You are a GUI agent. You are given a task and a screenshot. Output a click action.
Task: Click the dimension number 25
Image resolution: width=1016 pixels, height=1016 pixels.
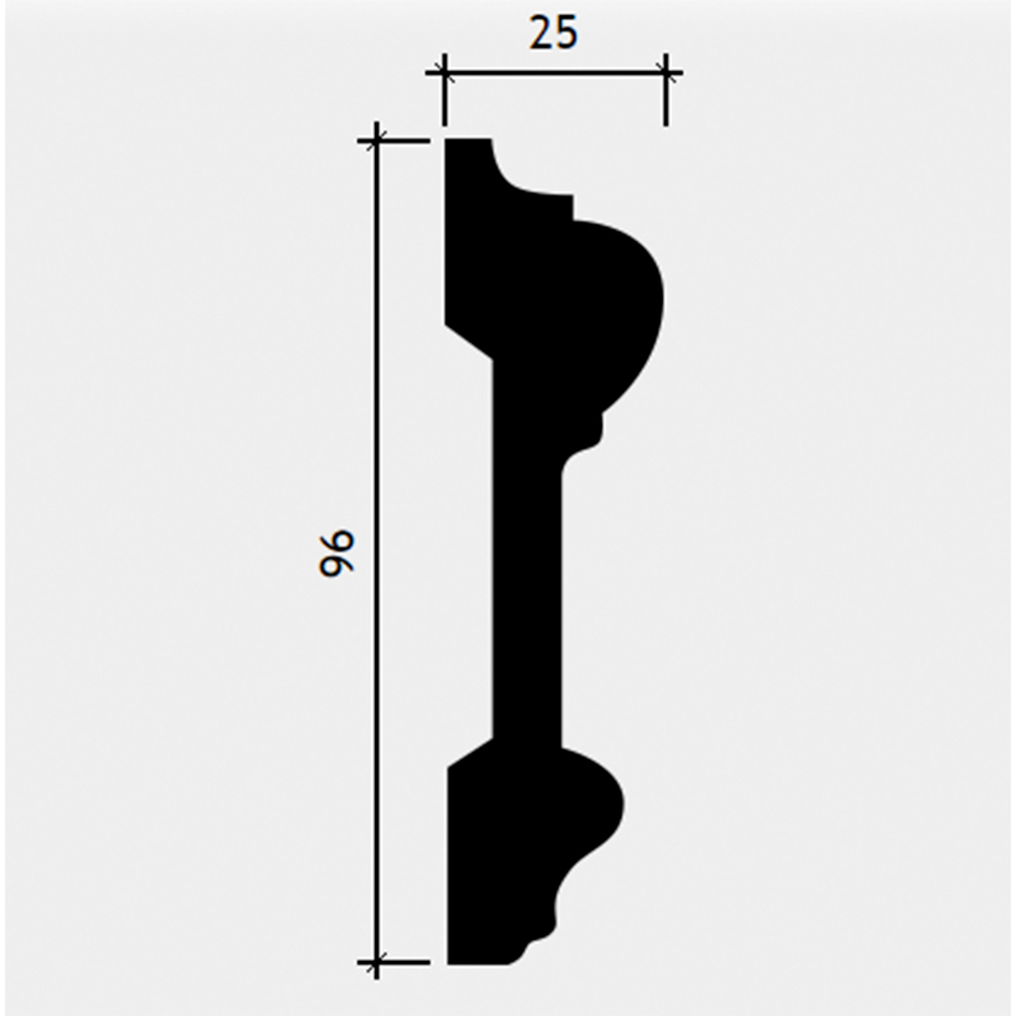click(553, 33)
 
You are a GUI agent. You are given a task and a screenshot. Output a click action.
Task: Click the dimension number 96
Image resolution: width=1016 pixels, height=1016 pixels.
click(336, 554)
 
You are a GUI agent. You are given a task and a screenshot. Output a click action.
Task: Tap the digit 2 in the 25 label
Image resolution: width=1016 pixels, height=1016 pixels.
click(541, 33)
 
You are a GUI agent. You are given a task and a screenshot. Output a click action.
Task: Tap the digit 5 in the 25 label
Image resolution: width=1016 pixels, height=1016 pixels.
click(566, 33)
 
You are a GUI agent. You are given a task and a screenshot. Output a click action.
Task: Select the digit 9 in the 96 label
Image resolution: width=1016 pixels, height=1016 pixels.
click(336, 566)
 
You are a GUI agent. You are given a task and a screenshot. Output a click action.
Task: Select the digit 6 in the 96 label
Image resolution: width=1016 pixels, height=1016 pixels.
click(336, 542)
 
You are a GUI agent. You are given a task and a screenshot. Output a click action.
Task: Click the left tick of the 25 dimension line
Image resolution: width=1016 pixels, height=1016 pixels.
click(444, 72)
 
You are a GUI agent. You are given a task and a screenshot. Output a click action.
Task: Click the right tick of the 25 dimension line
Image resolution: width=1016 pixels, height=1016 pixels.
click(666, 72)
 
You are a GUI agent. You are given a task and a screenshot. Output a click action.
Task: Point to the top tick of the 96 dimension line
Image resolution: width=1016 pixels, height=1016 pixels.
click(376, 141)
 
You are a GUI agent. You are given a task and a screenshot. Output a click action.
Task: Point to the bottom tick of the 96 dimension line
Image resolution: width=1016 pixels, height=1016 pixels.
click(376, 962)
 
